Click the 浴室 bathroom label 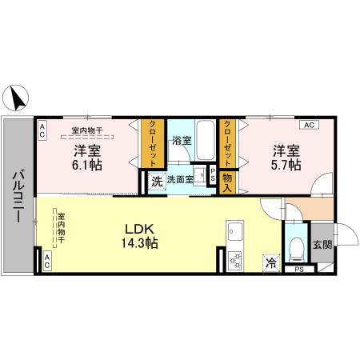point(182,141)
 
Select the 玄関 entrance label point(322,246)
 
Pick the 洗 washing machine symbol point(157,180)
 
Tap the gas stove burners point(235,259)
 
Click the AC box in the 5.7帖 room point(309,126)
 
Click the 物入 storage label point(227,184)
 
